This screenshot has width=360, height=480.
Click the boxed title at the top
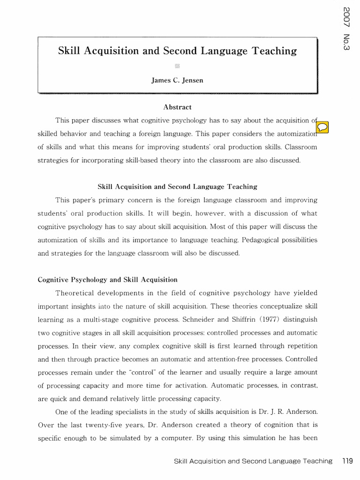pos(177,51)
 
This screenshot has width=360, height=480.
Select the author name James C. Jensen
pos(177,80)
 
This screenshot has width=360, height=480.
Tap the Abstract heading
pos(177,107)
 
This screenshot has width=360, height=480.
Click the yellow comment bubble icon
pos(322,127)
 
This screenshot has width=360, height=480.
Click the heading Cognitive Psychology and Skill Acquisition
pos(107,279)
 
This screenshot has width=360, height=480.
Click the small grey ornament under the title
pos(177,66)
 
